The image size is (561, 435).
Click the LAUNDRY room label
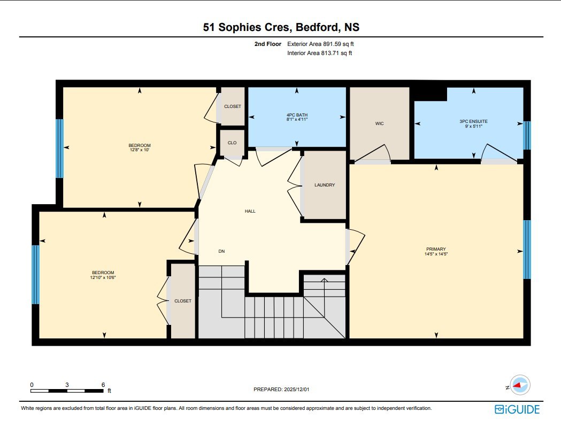pos(325,185)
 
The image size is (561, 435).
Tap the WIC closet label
pos(379,123)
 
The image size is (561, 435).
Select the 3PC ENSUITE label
pos(473,121)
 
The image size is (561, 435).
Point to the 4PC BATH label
pos(297,115)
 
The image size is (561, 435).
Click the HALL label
pos(250,211)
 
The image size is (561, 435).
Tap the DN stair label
pos(221,251)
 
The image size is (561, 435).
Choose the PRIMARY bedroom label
pos(436,249)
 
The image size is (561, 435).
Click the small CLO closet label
pos(232,143)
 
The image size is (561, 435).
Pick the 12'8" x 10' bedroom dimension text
pos(140,150)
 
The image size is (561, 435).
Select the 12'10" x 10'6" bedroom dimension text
pos(103,277)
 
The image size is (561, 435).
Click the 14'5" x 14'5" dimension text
pos(436,254)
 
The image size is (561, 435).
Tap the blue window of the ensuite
pos(527,135)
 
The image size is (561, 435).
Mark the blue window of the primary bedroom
pos(527,250)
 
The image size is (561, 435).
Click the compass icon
pos(520,385)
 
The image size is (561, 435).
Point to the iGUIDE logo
pos(517,409)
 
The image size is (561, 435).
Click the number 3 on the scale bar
pos(67,385)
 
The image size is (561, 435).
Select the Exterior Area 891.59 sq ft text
pos(320,44)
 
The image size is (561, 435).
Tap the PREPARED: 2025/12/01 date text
pos(281,389)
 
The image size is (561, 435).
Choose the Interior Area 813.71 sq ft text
pos(319,53)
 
